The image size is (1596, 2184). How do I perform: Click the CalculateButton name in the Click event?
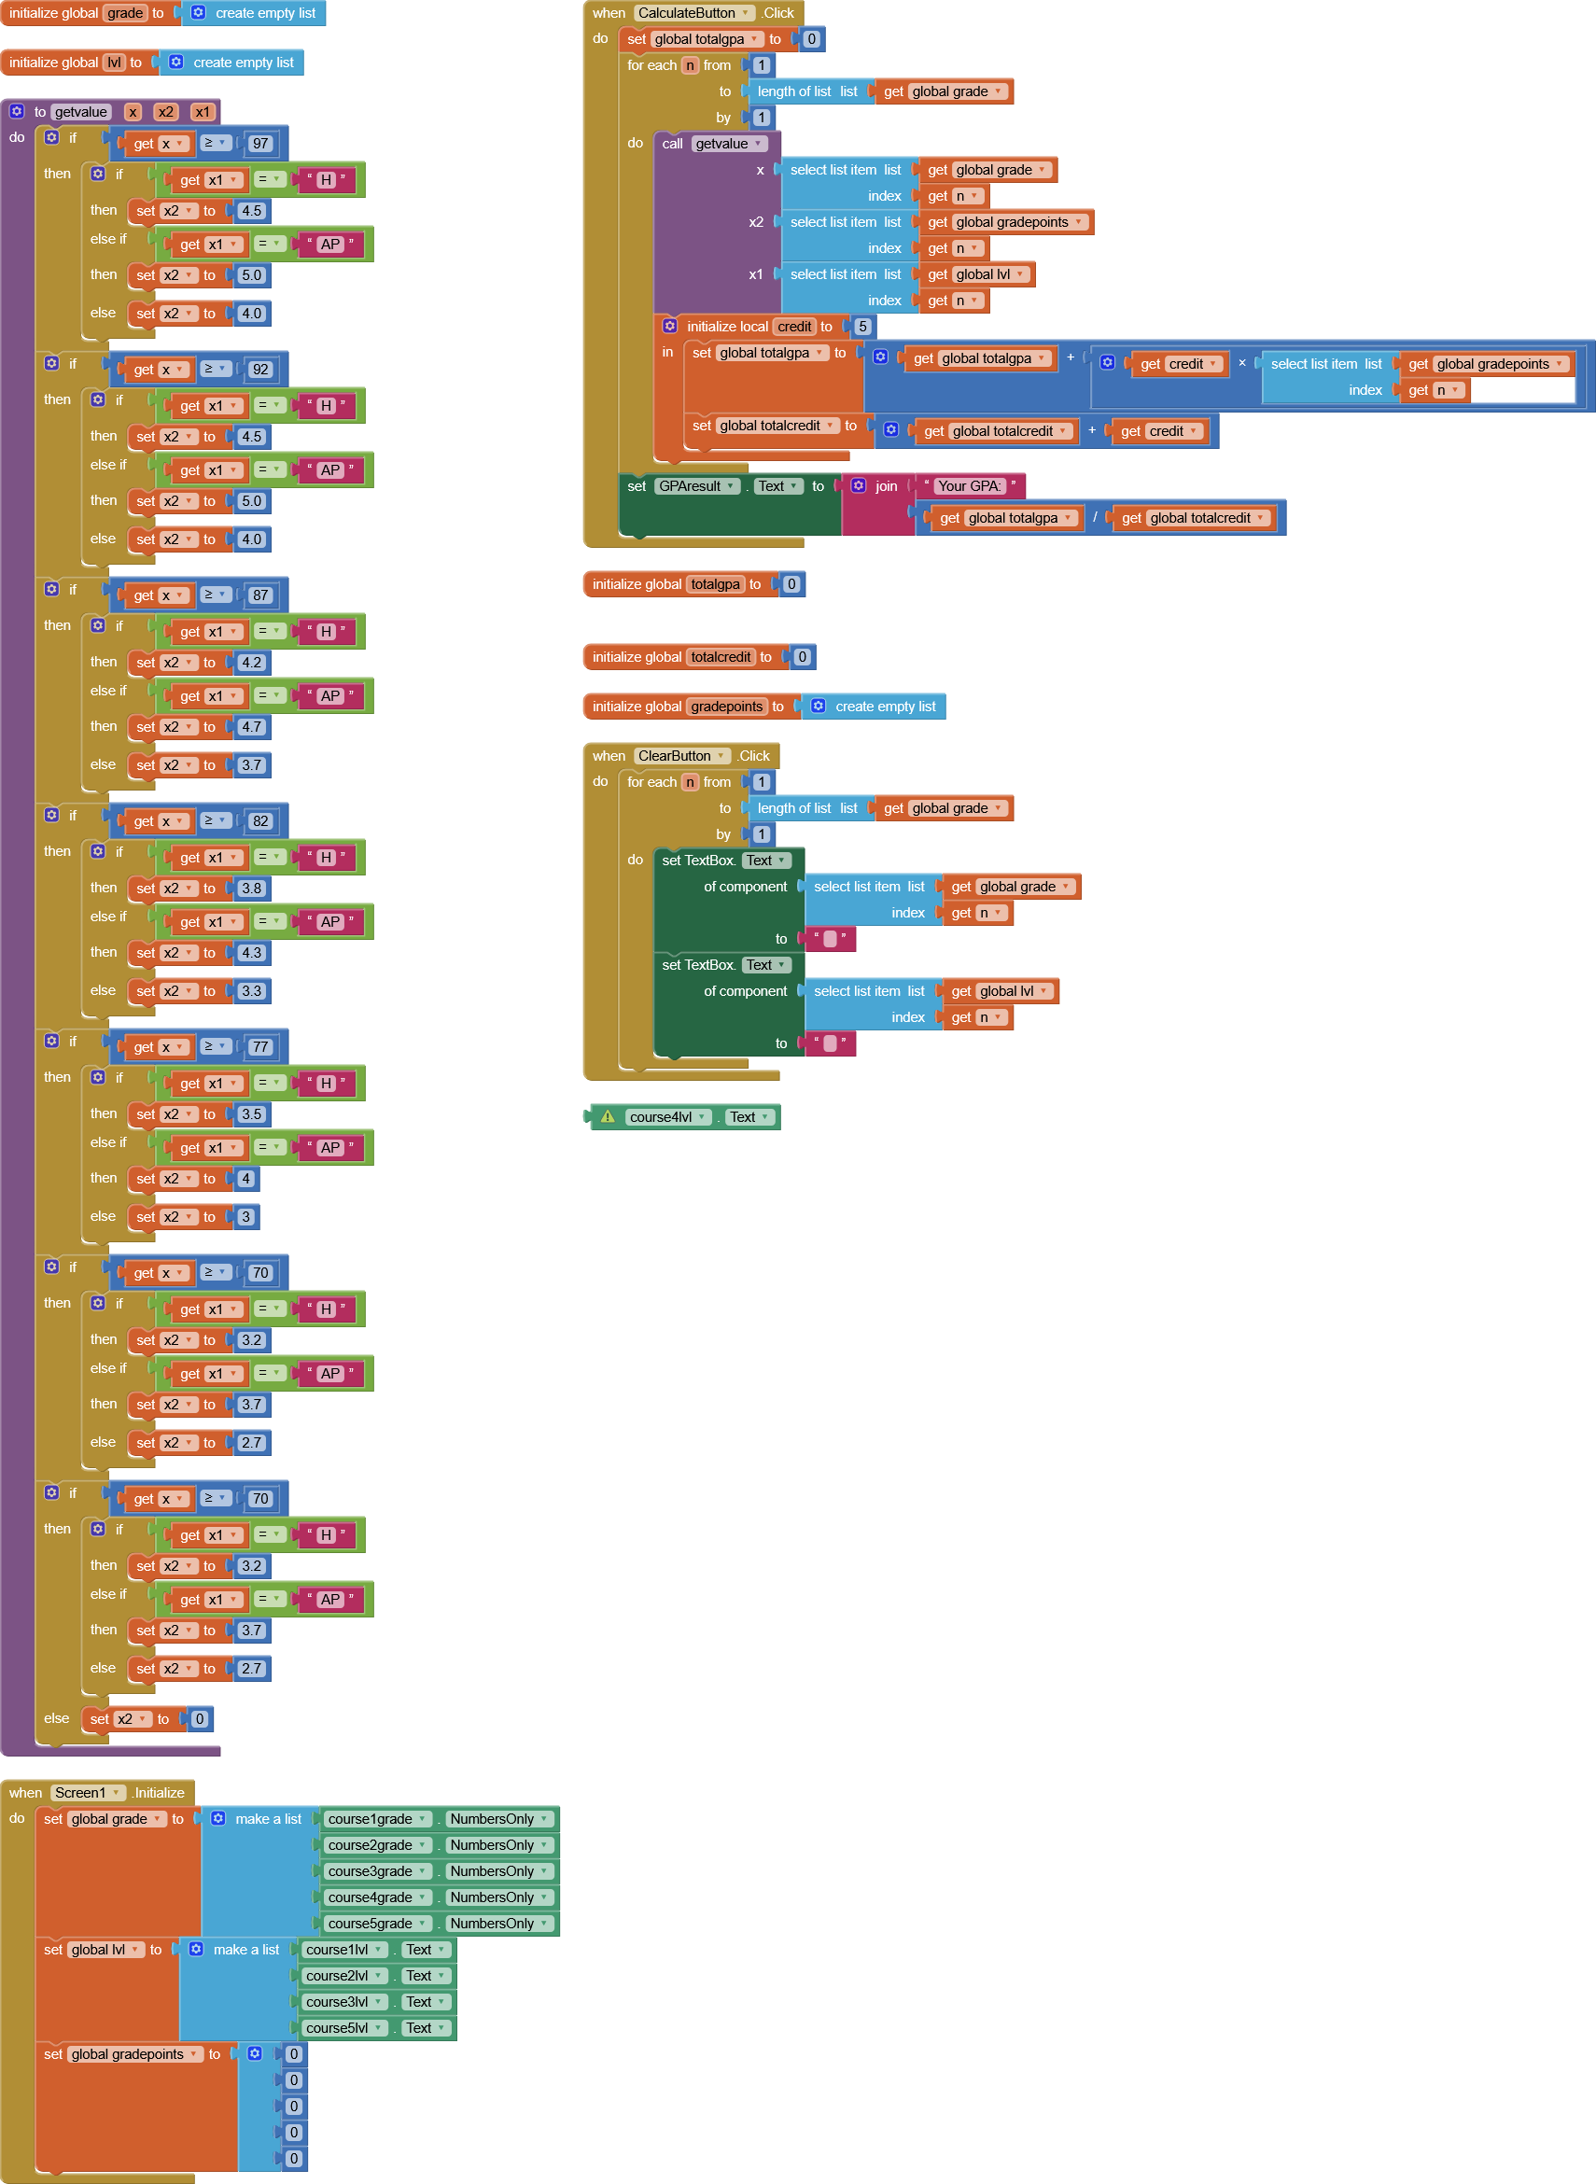click(687, 12)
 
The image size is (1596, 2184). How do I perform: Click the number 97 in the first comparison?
click(259, 144)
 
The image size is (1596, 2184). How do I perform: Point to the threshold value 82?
click(259, 821)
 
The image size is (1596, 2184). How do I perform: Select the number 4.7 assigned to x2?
click(251, 726)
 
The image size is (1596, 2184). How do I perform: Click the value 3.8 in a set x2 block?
click(251, 888)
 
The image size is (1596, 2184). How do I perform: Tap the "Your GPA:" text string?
click(969, 486)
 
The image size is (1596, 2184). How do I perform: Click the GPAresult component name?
click(690, 486)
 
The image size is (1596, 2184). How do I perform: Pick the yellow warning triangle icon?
click(608, 1116)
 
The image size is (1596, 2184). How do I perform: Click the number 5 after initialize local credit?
click(862, 327)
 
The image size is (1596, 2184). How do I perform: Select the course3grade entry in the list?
click(370, 1871)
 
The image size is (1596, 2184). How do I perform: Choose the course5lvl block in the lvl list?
click(337, 2027)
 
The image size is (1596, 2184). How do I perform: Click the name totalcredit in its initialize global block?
click(721, 657)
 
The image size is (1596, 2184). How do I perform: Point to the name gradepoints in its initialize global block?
click(726, 707)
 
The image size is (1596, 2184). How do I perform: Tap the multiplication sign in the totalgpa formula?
click(1242, 363)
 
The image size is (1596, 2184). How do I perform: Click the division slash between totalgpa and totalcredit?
click(1095, 518)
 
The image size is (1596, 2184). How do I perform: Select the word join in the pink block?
click(886, 486)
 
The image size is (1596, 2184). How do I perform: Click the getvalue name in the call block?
click(721, 144)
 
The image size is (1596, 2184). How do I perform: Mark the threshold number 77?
click(259, 1047)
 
